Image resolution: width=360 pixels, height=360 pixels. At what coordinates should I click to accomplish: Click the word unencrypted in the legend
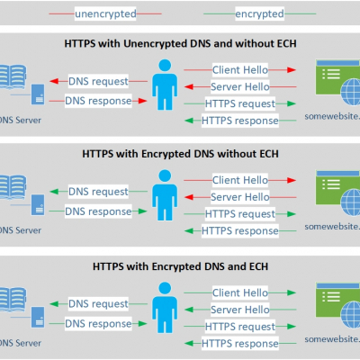coord(107,13)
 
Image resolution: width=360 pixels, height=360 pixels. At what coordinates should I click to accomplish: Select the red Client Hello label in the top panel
coord(238,69)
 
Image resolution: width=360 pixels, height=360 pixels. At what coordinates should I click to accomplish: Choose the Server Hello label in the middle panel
coord(238,197)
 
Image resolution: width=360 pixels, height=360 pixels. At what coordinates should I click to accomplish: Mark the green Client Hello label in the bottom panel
coord(238,293)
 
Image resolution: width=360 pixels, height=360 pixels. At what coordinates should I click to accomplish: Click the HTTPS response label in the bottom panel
coord(238,343)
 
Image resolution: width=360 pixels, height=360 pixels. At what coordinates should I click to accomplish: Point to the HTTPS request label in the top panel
coord(238,103)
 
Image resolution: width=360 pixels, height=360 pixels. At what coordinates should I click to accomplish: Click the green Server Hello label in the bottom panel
coord(238,310)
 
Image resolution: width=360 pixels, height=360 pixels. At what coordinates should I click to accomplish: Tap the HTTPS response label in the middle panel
coord(238,231)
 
